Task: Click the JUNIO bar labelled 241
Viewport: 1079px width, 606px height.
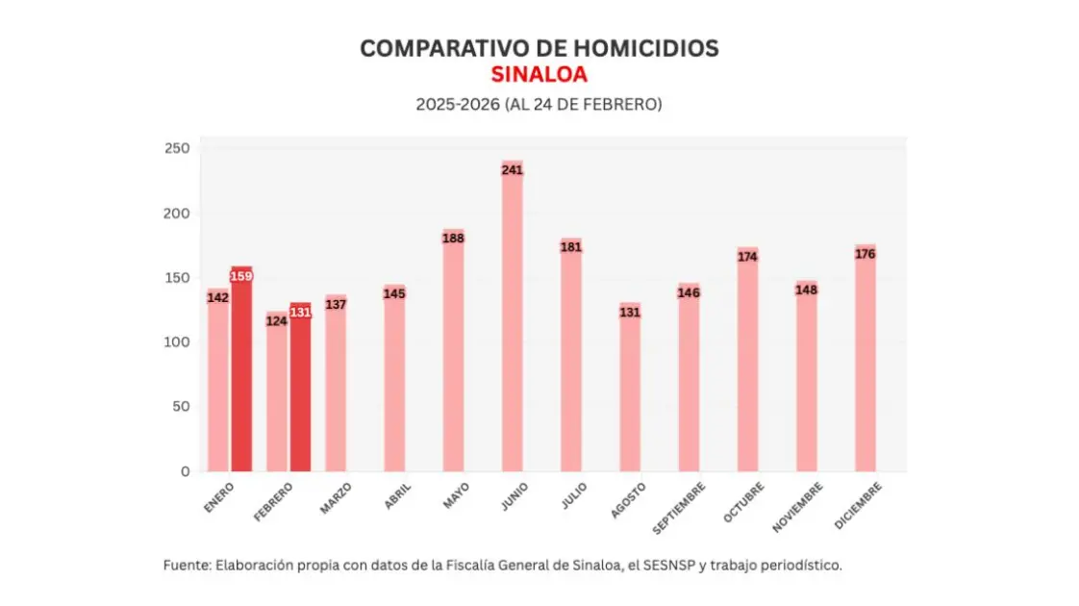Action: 512,317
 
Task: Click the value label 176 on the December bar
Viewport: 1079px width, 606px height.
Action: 865,254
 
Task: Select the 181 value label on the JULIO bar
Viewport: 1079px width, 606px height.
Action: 571,247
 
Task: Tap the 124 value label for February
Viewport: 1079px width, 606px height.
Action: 277,320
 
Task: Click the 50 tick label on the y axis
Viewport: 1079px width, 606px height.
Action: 181,407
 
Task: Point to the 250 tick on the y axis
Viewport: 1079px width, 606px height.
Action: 177,149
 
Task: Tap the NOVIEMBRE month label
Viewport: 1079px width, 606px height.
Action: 798,507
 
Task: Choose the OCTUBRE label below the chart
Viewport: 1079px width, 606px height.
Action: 744,502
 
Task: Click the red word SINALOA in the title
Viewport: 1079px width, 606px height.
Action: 539,75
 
